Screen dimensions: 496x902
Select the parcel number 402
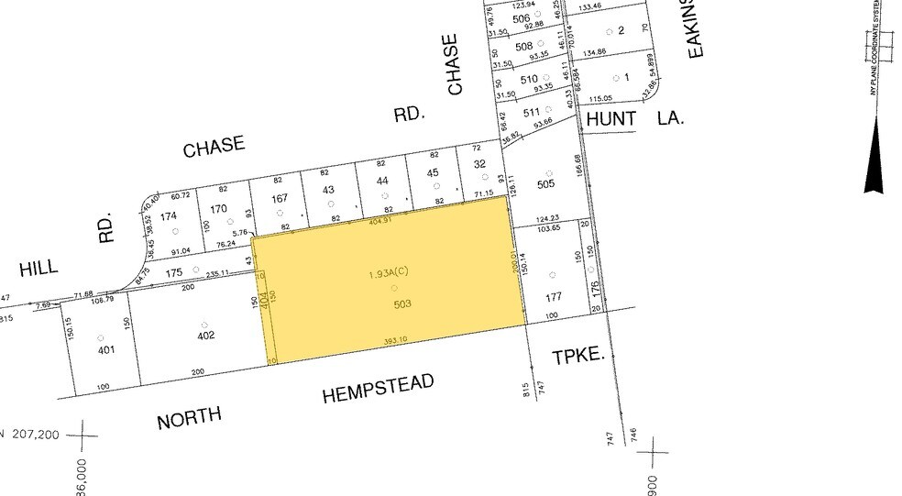point(205,335)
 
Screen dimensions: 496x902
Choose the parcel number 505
point(547,183)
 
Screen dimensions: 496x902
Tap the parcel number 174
point(168,216)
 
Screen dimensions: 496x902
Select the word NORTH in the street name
point(189,418)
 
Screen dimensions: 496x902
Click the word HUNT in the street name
point(610,120)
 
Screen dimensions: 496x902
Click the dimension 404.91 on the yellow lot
point(379,221)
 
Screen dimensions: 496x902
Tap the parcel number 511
point(531,113)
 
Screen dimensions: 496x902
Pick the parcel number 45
point(433,173)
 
